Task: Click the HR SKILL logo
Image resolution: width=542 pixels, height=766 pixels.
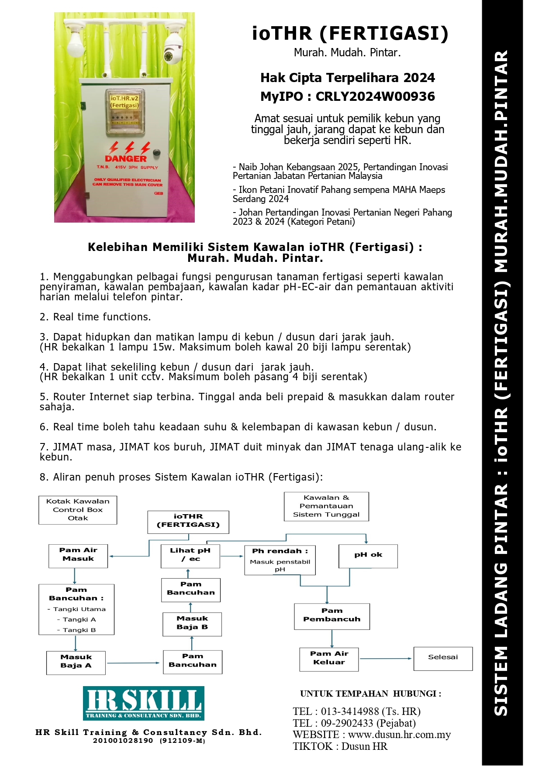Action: [144, 703]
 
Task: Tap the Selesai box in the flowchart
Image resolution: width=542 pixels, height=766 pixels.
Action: [443, 658]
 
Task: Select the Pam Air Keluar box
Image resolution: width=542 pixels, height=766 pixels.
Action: [329, 659]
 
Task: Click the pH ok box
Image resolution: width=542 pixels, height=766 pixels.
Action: [368, 556]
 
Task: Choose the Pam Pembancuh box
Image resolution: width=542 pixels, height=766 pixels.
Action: [332, 616]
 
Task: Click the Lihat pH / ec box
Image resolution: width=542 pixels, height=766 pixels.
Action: [190, 556]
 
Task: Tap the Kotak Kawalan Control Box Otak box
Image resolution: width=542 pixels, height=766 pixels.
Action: [78, 510]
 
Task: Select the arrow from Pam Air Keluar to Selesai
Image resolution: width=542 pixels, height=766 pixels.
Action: [386, 658]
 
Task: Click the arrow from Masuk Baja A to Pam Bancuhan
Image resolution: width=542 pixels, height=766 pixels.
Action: [134, 663]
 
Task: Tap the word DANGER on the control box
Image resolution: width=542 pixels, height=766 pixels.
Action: [125, 159]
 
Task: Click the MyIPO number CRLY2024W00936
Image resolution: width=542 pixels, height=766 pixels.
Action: [375, 96]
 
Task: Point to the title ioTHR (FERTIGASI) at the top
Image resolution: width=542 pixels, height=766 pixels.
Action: [350, 34]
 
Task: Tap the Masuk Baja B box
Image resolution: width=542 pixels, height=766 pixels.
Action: [192, 624]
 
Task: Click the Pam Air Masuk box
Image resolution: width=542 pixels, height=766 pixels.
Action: [78, 555]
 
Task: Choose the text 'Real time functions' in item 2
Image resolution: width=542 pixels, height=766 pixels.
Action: [102, 317]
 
